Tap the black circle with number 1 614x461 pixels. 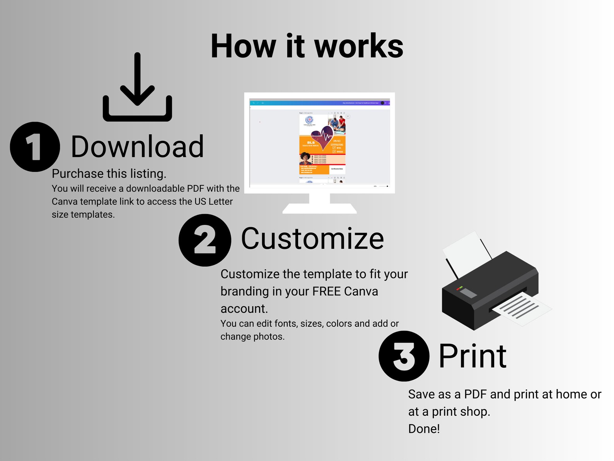pyautogui.click(x=35, y=147)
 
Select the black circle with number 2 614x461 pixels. pyautogui.click(x=205, y=240)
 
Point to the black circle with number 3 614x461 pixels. pyautogui.click(x=404, y=356)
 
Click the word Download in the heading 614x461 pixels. pyautogui.click(x=137, y=147)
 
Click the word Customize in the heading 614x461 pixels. pyautogui.click(x=312, y=239)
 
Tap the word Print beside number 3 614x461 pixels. pyautogui.click(x=472, y=356)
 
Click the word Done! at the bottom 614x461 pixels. pyautogui.click(x=424, y=429)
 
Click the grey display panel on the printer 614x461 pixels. pyautogui.click(x=468, y=293)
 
